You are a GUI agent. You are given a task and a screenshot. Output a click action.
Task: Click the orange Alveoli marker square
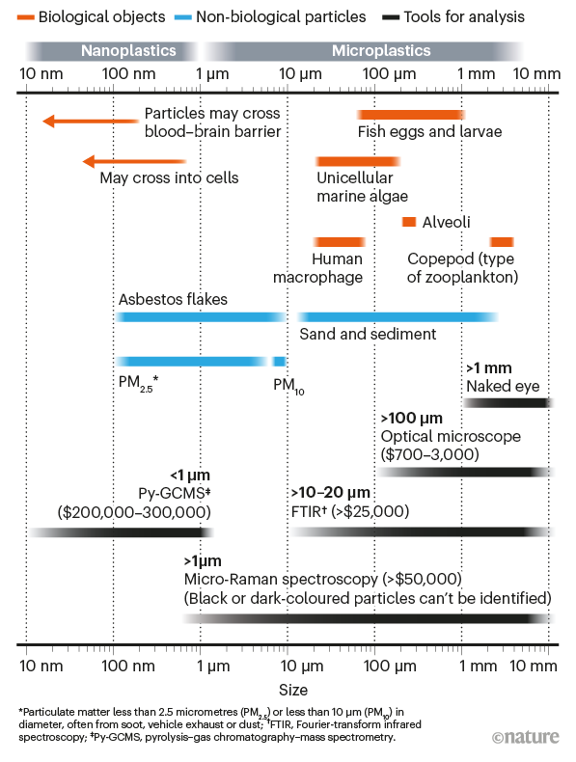pyautogui.click(x=409, y=222)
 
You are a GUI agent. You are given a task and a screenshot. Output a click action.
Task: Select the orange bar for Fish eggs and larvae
pyautogui.click(x=411, y=115)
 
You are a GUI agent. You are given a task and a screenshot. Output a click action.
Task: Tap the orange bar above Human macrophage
pyautogui.click(x=340, y=241)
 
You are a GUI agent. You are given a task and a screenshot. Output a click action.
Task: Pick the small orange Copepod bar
pyautogui.click(x=502, y=241)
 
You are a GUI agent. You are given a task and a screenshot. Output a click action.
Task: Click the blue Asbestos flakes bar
pyautogui.click(x=201, y=317)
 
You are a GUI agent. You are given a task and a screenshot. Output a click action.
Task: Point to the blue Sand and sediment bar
pyautogui.click(x=398, y=317)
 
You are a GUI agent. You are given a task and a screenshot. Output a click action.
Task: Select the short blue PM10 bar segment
pyautogui.click(x=280, y=361)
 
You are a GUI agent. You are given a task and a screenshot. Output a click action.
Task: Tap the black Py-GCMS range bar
pyautogui.click(x=121, y=532)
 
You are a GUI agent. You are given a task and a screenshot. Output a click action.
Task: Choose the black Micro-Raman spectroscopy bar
pyautogui.click(x=369, y=618)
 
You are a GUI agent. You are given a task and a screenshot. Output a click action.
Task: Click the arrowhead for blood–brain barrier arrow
pyautogui.click(x=48, y=121)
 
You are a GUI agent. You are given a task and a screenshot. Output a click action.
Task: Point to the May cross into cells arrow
pyautogui.click(x=135, y=161)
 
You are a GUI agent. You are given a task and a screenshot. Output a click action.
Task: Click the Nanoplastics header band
pyautogui.click(x=111, y=51)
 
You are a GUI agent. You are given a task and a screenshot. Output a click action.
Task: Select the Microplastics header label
pyautogui.click(x=381, y=50)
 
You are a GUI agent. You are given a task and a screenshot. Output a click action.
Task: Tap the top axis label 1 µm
pyautogui.click(x=212, y=74)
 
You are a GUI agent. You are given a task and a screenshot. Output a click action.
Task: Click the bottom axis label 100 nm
pyautogui.click(x=128, y=666)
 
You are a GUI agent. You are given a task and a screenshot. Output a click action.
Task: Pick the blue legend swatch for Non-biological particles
pyautogui.click(x=182, y=17)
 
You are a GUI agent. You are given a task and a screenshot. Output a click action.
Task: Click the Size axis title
pyautogui.click(x=293, y=690)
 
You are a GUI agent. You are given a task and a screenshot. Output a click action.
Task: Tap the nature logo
pyautogui.click(x=526, y=737)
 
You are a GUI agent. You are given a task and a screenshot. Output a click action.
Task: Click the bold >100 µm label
pyautogui.click(x=412, y=418)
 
